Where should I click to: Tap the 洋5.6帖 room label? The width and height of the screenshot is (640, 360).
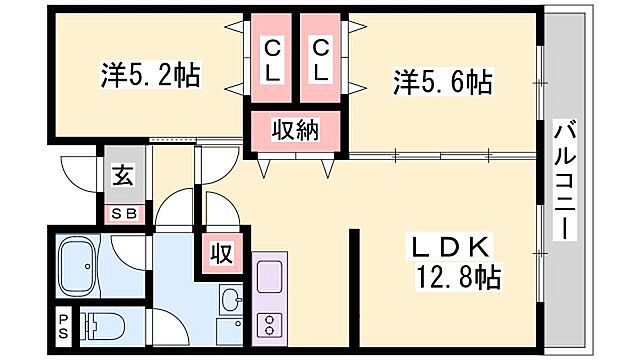[442, 80]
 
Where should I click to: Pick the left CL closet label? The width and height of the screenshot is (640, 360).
[271, 60]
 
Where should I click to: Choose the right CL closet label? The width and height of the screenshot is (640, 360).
[320, 60]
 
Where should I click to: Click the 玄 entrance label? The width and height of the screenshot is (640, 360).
[121, 177]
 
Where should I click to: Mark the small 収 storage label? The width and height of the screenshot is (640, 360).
[220, 253]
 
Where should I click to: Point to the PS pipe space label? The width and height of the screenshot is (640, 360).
[61, 324]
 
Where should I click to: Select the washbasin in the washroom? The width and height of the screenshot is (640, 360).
[231, 299]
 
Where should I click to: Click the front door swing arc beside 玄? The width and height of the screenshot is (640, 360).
[78, 172]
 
